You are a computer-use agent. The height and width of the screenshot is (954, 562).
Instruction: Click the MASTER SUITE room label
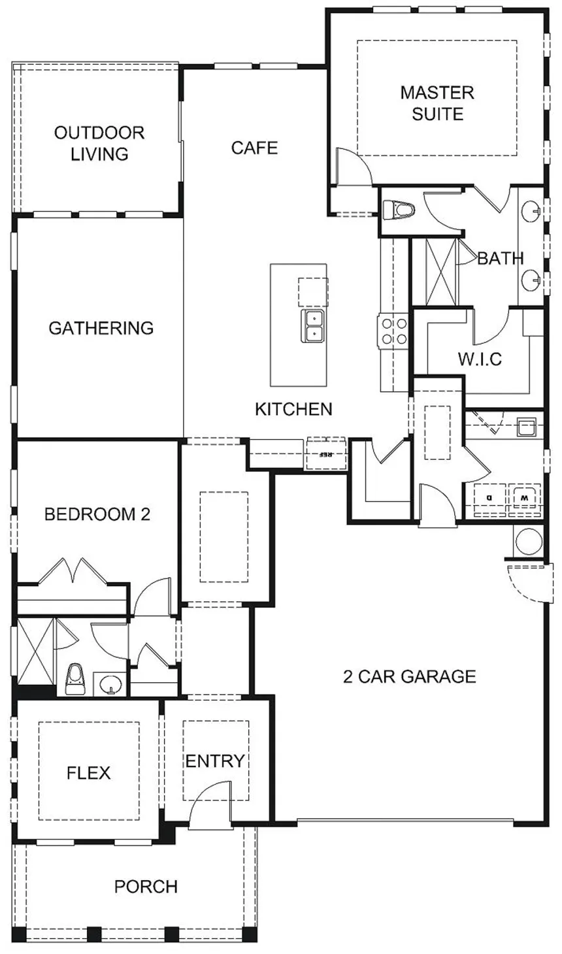(x=437, y=103)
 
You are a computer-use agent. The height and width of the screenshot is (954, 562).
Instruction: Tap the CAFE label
(x=254, y=148)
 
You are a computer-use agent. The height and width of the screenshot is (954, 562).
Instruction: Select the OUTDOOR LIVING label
(x=99, y=143)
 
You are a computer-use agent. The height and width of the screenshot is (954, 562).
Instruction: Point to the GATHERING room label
(x=101, y=327)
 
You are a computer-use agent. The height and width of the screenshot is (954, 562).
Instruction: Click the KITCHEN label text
(x=293, y=409)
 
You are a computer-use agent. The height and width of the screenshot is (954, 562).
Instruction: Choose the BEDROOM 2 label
(x=97, y=514)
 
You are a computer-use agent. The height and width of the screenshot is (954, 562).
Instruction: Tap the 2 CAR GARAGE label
(x=410, y=676)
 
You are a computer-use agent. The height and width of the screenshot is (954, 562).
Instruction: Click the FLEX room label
(x=89, y=773)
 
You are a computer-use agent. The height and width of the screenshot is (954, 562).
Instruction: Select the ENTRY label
(x=215, y=761)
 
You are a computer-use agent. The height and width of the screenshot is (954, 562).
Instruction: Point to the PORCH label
(x=146, y=887)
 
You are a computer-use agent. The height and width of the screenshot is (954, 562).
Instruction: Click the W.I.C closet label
(x=480, y=359)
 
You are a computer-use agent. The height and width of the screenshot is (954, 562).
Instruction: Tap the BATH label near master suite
(x=501, y=258)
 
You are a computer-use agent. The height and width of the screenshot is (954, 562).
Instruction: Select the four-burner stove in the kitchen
(x=392, y=331)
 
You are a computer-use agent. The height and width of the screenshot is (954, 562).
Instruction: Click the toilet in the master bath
(x=399, y=210)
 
